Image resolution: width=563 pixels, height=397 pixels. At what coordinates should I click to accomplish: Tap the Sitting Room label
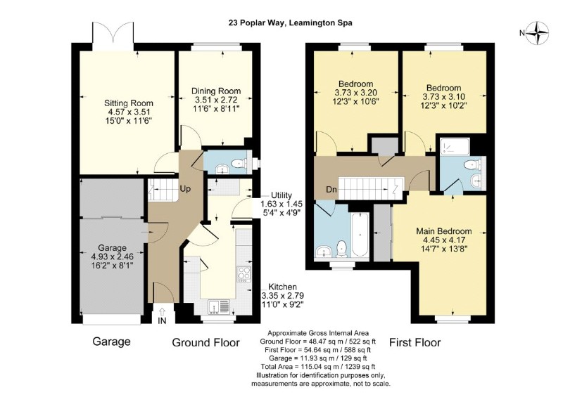(129, 103)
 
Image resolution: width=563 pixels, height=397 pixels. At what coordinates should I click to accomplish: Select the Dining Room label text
(216, 91)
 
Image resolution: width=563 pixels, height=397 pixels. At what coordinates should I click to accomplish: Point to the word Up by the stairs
(185, 188)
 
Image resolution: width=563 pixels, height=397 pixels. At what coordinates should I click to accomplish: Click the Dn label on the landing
(331, 189)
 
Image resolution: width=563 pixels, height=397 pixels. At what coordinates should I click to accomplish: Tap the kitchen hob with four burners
(244, 273)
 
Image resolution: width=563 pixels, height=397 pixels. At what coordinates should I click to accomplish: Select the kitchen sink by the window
(219, 307)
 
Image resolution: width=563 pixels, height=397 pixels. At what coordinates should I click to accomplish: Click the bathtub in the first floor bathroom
(360, 235)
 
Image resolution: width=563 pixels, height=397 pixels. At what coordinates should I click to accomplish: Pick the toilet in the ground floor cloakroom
(239, 164)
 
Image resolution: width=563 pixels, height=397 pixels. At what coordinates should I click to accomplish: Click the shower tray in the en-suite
(455, 147)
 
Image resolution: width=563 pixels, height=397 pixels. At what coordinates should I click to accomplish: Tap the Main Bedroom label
(444, 231)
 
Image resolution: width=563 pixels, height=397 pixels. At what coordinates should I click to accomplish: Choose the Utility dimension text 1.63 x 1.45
(281, 204)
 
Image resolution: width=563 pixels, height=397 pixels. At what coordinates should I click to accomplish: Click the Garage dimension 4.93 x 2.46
(113, 256)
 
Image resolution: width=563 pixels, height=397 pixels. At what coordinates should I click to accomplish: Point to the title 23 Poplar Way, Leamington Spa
(291, 23)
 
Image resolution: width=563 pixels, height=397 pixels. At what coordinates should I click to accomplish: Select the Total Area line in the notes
(318, 367)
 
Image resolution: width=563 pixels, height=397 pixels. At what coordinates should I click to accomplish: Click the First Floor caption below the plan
(415, 342)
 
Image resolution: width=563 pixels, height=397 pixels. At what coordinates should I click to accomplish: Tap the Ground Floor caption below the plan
(205, 342)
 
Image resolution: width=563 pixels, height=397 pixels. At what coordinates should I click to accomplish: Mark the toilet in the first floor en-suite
(472, 165)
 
